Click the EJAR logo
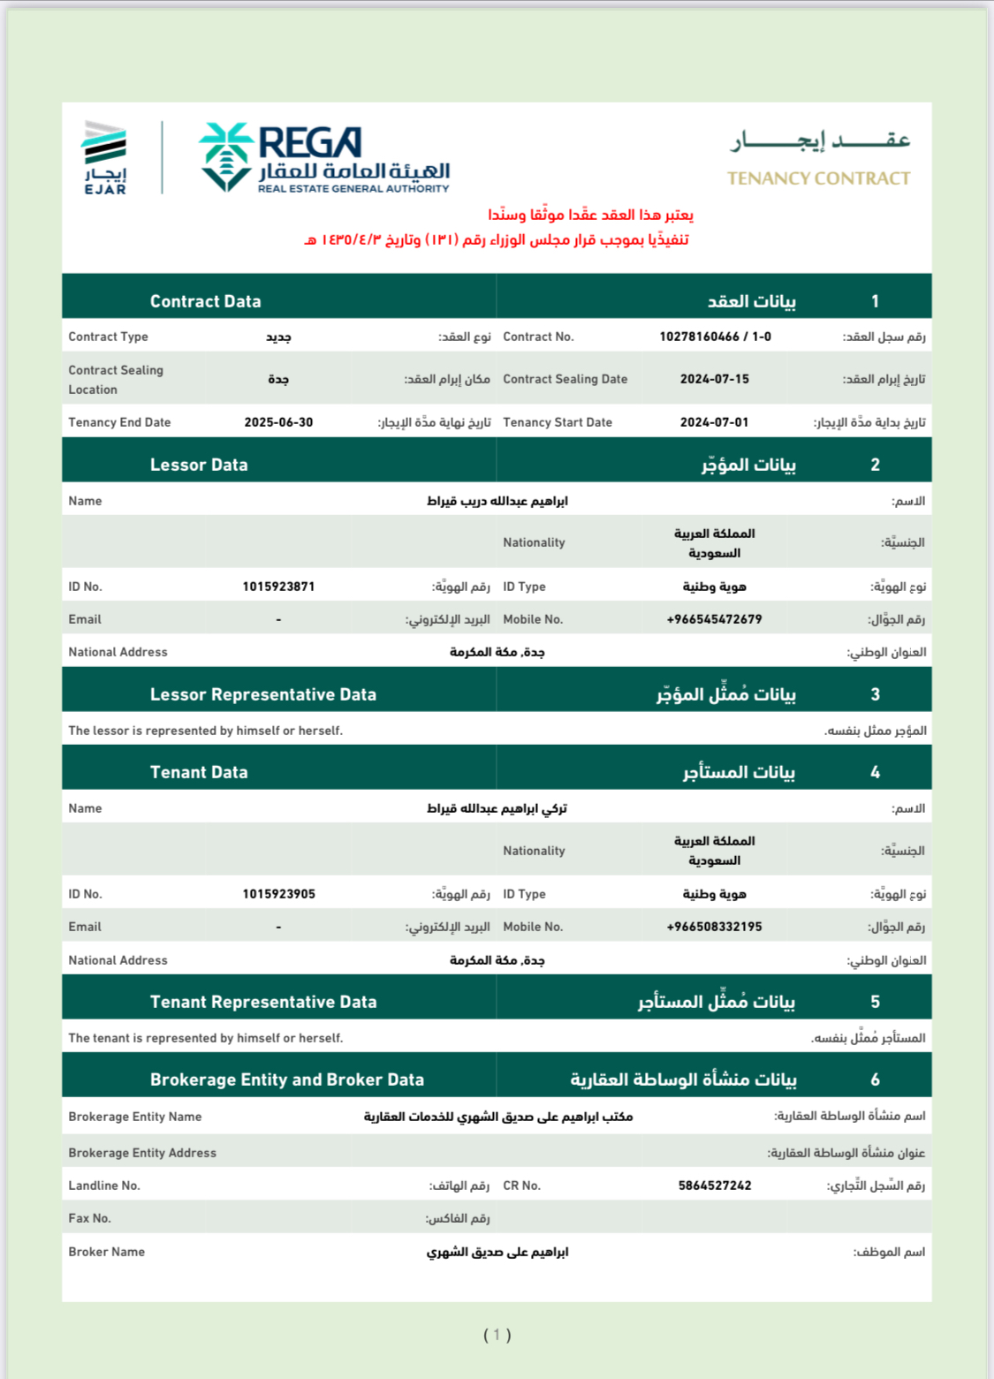[x=105, y=157]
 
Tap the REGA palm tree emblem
[x=226, y=156]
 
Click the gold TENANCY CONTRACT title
[x=818, y=178]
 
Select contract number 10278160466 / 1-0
[x=715, y=337]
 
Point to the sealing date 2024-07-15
[x=714, y=379]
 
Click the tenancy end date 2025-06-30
[x=278, y=422]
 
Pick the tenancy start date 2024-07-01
[x=714, y=422]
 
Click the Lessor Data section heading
[x=199, y=465]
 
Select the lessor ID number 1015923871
[x=278, y=587]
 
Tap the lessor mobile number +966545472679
[x=714, y=619]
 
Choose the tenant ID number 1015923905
[x=278, y=894]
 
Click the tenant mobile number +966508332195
[x=714, y=927]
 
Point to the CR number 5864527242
[x=715, y=1186]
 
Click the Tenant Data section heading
[x=199, y=772]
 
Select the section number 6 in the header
[x=875, y=1080]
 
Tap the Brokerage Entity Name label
[x=134, y=1117]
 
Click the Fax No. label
[x=89, y=1218]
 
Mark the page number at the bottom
[x=497, y=1335]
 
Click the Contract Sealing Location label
[x=116, y=380]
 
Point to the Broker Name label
[x=106, y=1252]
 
